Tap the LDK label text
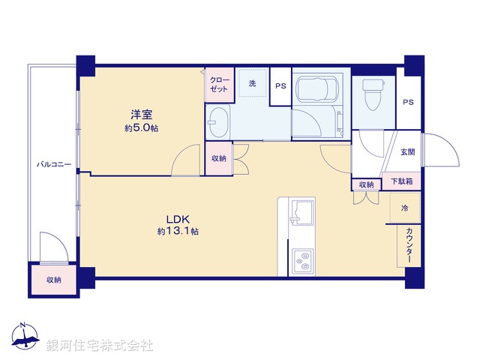(178, 220)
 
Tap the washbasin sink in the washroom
(219, 122)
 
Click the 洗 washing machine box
(253, 83)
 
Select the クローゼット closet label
(220, 84)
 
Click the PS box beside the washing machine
(280, 85)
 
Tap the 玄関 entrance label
(406, 153)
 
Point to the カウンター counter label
(409, 244)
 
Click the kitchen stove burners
(302, 260)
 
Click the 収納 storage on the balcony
(53, 280)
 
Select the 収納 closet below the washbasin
(218, 159)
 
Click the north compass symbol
(24, 340)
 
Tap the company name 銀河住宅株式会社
(100, 345)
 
